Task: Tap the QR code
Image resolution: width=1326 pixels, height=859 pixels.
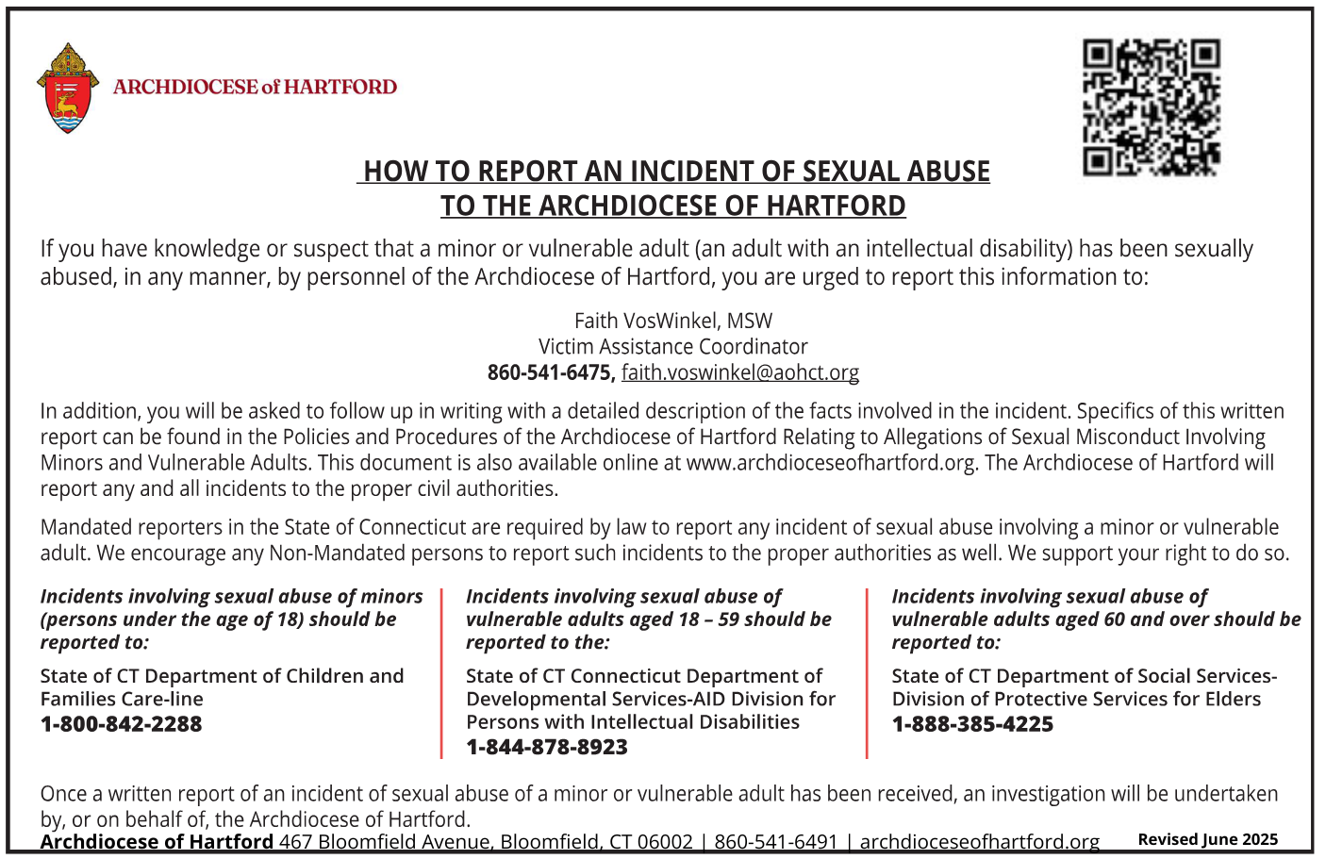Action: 1151,107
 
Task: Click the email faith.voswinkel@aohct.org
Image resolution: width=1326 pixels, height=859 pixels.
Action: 739,372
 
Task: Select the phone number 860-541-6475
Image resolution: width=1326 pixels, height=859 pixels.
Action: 549,372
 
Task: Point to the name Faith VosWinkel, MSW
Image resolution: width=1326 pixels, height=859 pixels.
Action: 673,321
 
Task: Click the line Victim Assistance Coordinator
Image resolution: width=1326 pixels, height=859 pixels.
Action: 673,346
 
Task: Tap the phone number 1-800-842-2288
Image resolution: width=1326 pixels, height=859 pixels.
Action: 121,724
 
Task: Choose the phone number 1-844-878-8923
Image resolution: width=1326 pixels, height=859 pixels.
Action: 546,747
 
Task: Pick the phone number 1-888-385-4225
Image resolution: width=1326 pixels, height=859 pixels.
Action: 972,724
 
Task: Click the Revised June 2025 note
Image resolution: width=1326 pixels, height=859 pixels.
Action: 1207,839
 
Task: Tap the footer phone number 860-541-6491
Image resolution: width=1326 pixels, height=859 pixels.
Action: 775,841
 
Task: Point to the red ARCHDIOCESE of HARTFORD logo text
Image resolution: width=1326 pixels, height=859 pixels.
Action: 255,87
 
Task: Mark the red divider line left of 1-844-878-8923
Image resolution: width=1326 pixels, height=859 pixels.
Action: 441,672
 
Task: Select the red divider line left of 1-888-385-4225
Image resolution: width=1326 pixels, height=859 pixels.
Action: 868,672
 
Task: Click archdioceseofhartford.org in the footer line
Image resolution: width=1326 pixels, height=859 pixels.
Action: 979,841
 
